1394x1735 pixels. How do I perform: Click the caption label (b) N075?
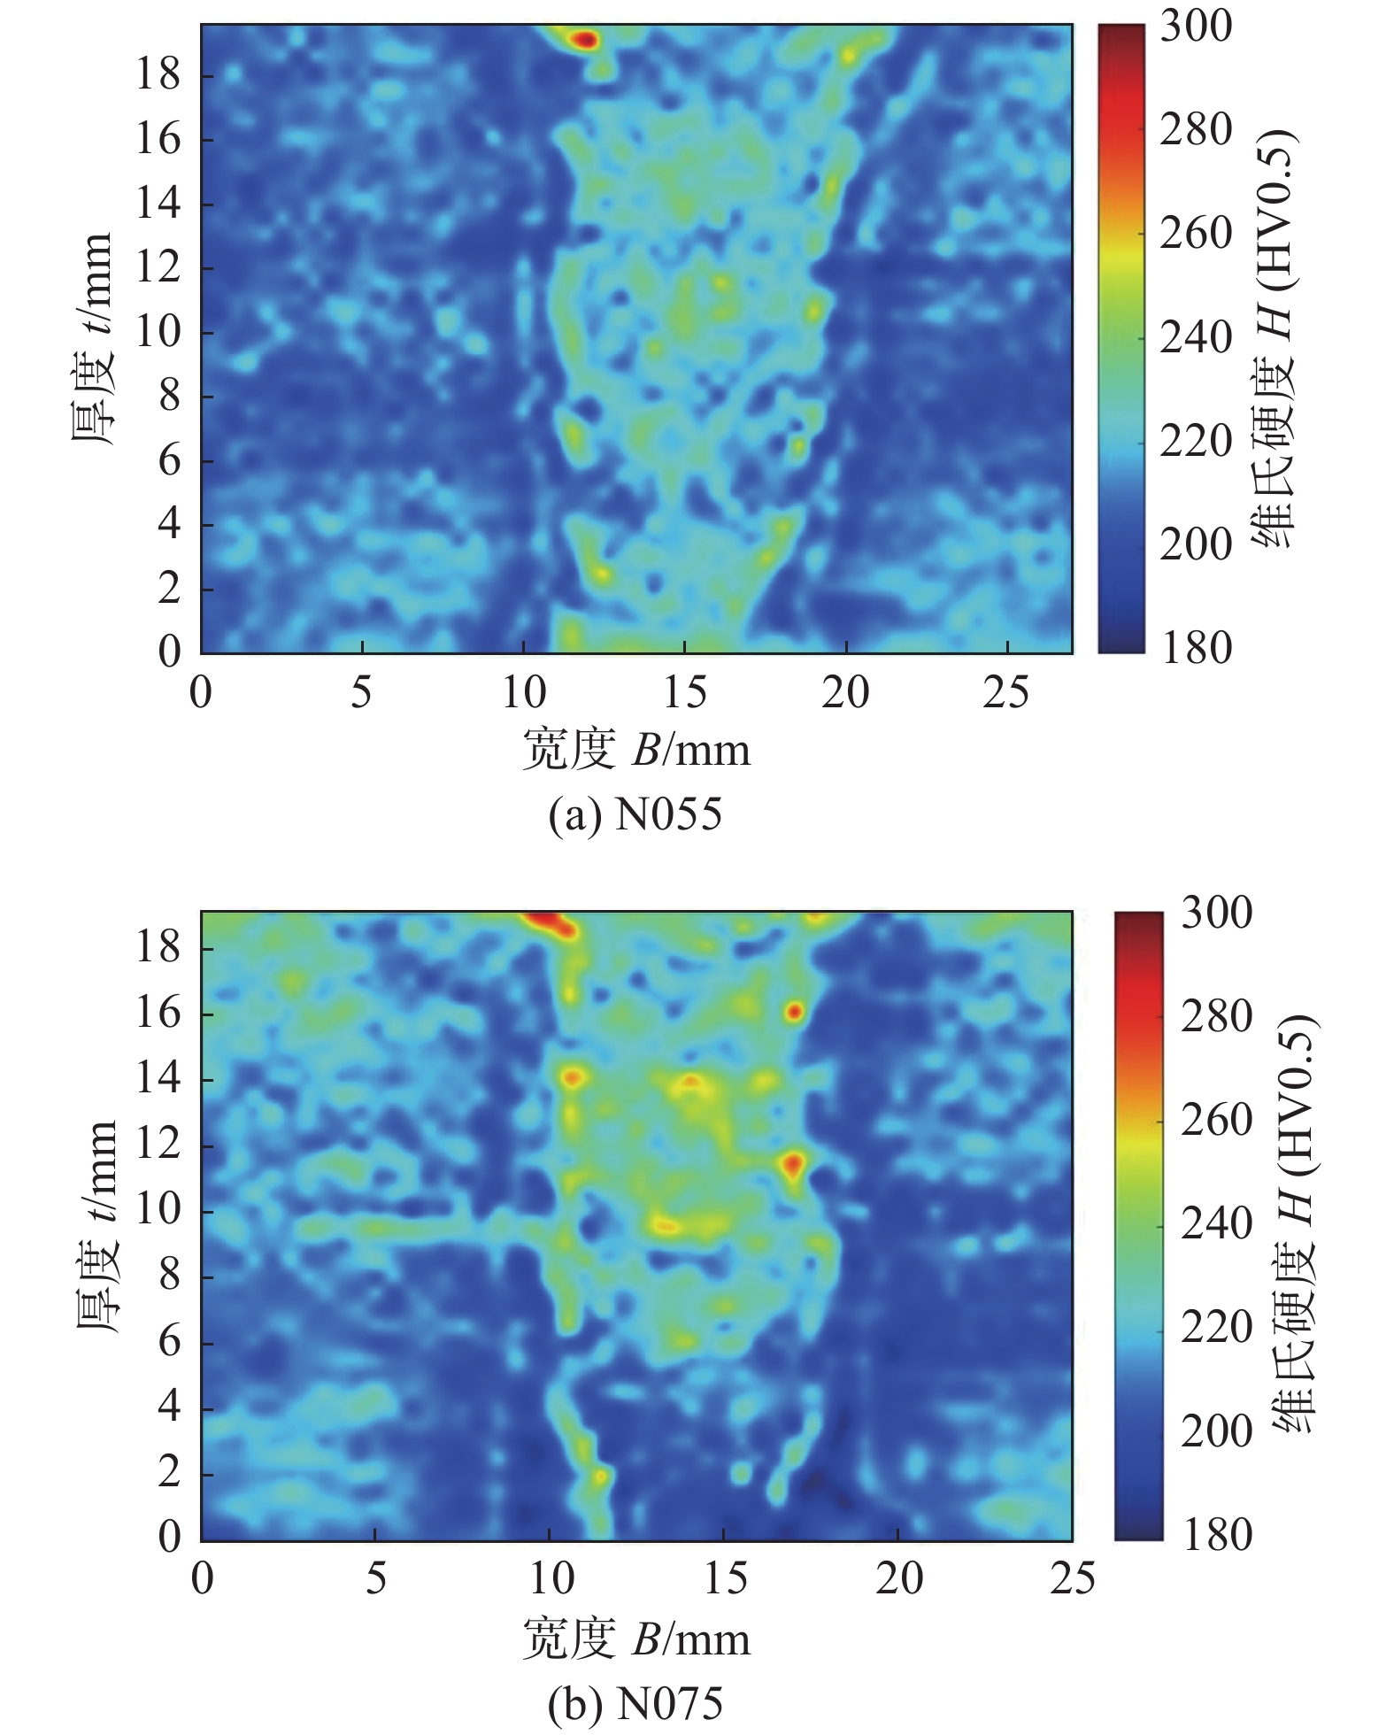(x=635, y=1703)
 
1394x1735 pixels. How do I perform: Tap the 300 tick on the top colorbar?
(x=1196, y=27)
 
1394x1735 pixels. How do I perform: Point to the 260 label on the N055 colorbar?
(x=1196, y=234)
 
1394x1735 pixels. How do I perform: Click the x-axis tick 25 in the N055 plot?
(x=1007, y=692)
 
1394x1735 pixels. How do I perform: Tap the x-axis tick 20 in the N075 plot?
(x=898, y=1579)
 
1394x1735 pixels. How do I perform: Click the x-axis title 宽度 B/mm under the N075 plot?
(x=635, y=1639)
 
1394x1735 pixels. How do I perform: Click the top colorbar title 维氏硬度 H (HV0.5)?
(x=1275, y=339)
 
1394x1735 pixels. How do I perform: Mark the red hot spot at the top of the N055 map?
(x=585, y=39)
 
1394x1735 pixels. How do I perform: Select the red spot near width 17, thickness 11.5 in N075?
(x=792, y=1163)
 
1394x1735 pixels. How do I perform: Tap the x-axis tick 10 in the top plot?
(x=524, y=692)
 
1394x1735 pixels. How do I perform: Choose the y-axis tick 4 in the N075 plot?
(x=168, y=1407)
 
